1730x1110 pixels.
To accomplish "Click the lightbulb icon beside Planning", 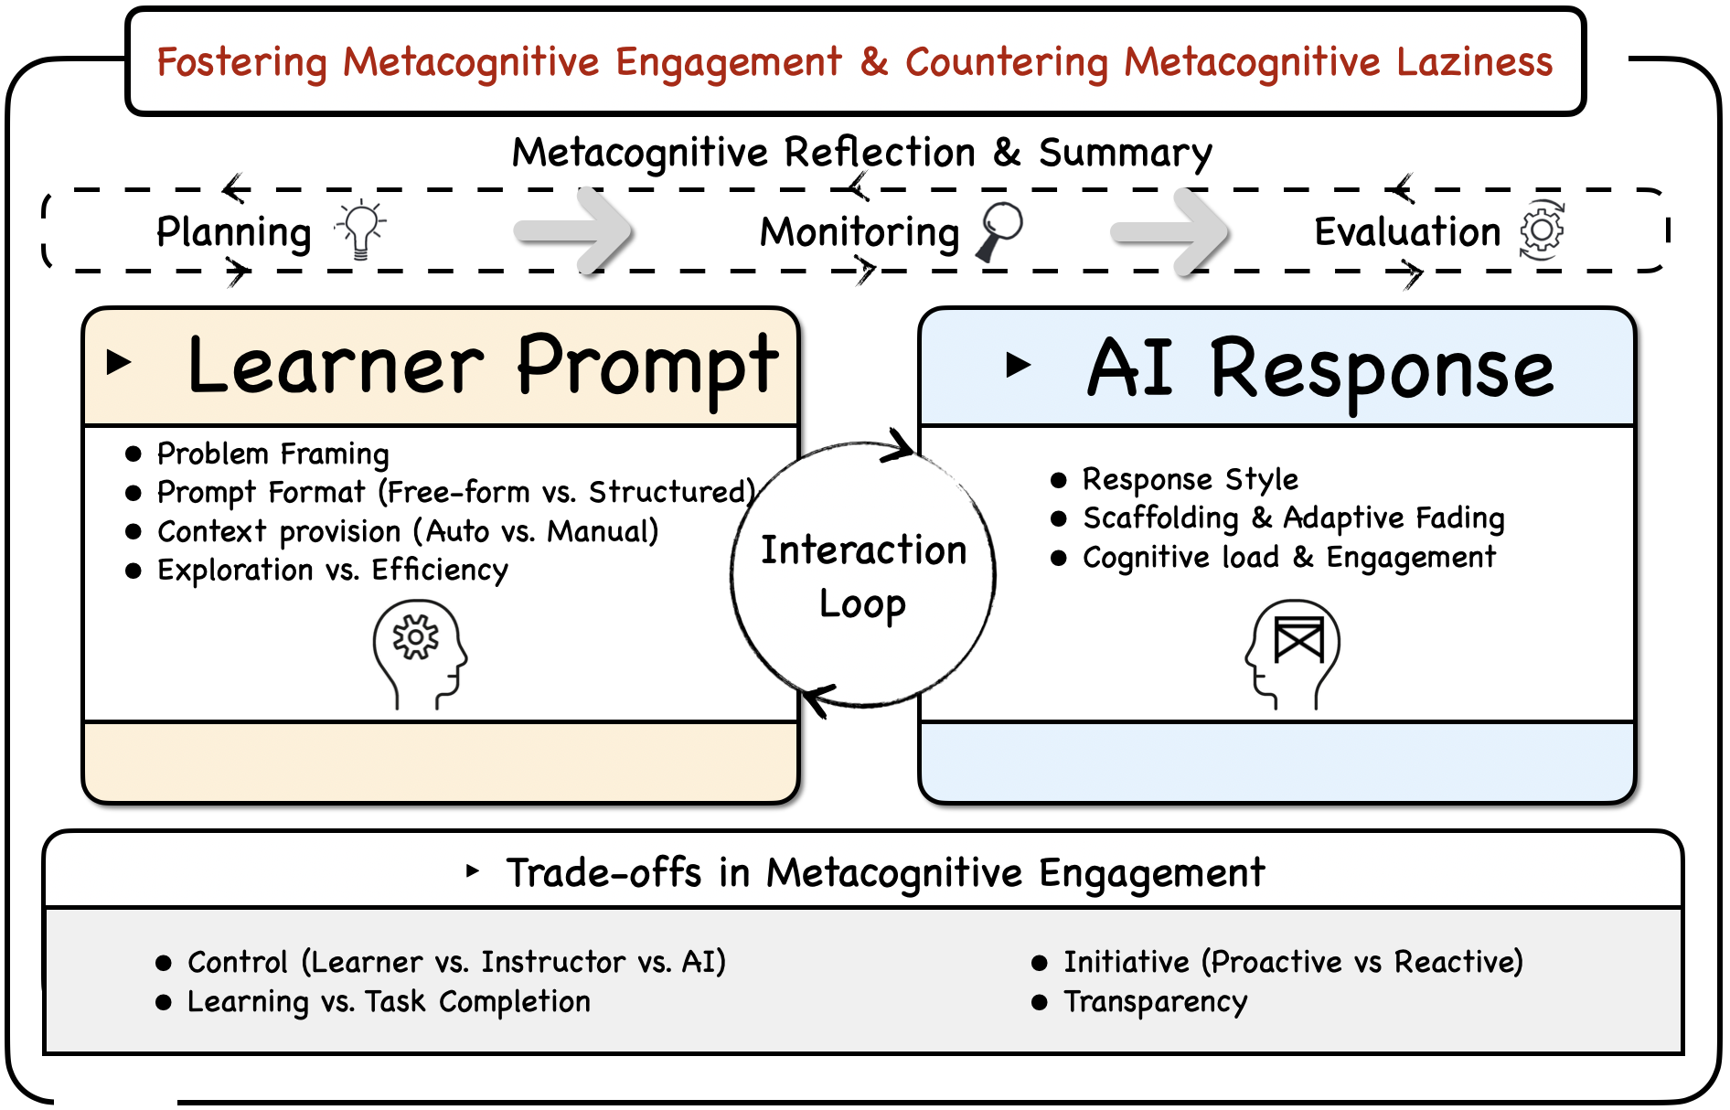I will pyautogui.click(x=361, y=229).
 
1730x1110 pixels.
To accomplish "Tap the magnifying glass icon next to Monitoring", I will pyautogui.click(x=999, y=230).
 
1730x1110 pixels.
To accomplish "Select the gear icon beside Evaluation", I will pyautogui.click(x=1542, y=229).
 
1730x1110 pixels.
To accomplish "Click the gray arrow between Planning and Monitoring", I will pyautogui.click(x=574, y=231).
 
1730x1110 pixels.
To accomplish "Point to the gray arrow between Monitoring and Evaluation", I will pyautogui.click(x=1170, y=231).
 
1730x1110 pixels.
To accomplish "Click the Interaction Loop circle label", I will pyautogui.click(x=863, y=576).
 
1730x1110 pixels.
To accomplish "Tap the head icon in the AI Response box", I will pyautogui.click(x=1292, y=654).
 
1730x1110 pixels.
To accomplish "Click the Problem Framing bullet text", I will pyautogui.click(x=272, y=454).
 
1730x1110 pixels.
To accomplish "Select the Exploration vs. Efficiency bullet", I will pyautogui.click(x=332, y=570).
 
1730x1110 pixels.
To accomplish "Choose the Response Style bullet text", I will pyautogui.click(x=1190, y=479).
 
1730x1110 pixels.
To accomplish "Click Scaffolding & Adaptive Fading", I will pyautogui.click(x=1293, y=518).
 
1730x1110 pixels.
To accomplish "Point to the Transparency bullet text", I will pyautogui.click(x=1155, y=1002).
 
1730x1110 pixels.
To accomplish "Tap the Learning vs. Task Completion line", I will pyautogui.click(x=389, y=1002).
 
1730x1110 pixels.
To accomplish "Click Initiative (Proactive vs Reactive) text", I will pyautogui.click(x=1293, y=962).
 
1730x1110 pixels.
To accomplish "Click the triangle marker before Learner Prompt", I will pyautogui.click(x=119, y=362).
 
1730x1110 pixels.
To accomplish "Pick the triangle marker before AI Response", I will pyautogui.click(x=1018, y=365).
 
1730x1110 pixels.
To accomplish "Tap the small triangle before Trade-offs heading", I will pyautogui.click(x=472, y=870).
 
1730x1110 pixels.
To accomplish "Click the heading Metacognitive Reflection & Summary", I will pyautogui.click(x=861, y=153).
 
